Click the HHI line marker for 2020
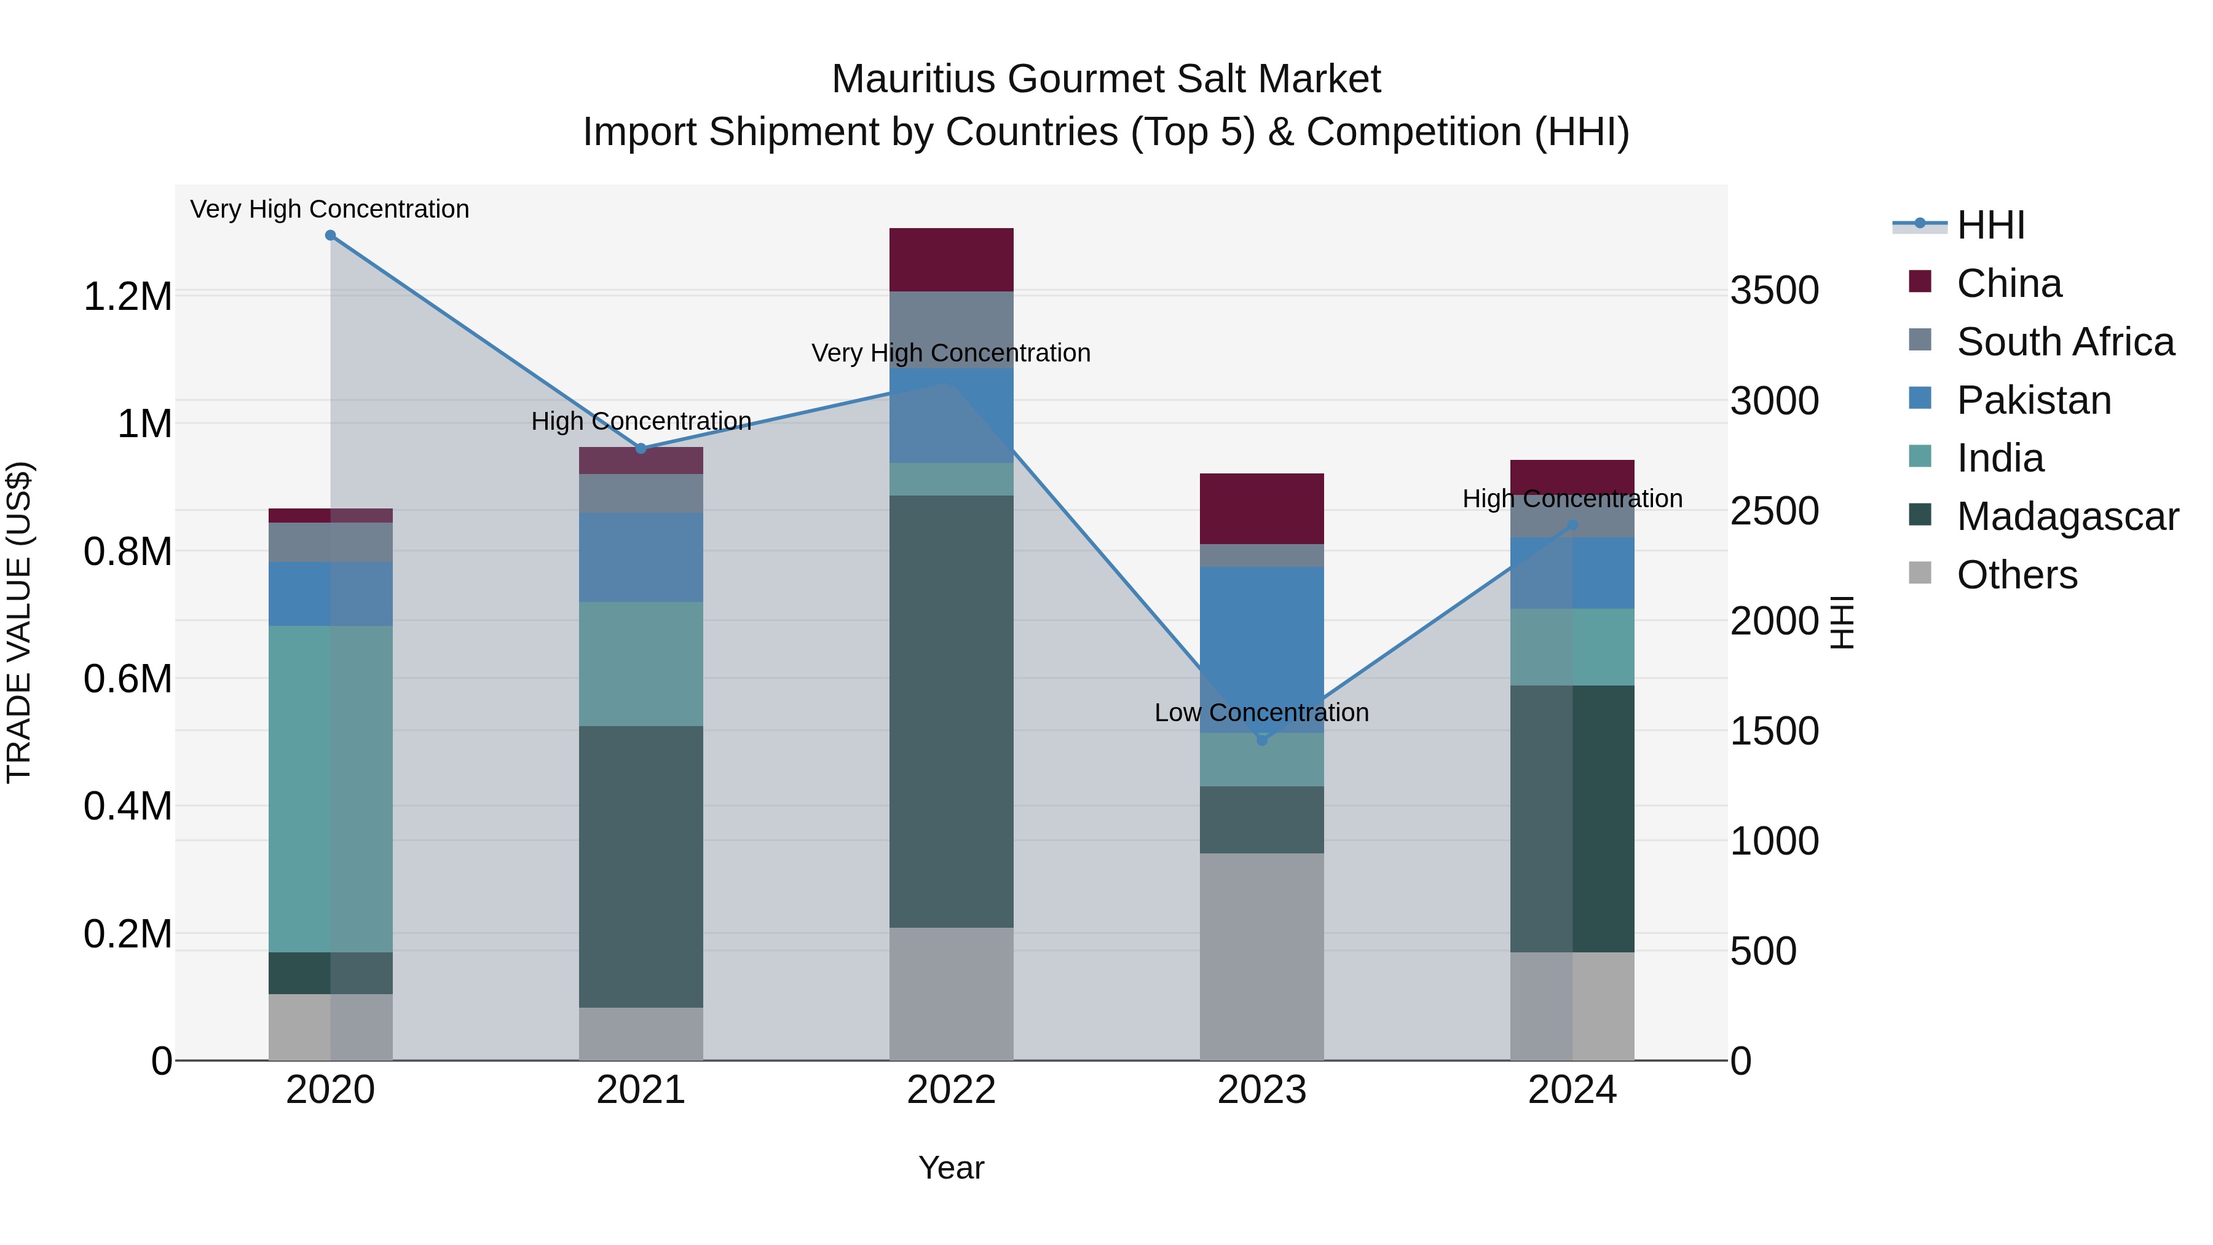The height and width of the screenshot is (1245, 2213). point(330,235)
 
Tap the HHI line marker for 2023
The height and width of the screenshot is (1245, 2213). point(1261,740)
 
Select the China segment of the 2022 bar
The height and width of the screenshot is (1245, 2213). point(951,259)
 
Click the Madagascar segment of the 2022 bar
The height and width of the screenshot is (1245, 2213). point(951,711)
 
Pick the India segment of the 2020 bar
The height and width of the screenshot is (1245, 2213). point(330,788)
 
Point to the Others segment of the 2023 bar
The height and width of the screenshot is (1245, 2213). point(1261,955)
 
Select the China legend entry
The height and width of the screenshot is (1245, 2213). point(2008,283)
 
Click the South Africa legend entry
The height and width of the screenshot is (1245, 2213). point(2064,342)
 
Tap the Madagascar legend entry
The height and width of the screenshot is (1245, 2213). point(2066,516)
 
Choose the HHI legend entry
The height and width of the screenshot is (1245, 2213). point(1990,225)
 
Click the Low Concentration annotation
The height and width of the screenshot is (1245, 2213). point(1261,713)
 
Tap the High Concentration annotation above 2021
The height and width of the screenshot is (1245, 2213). point(641,421)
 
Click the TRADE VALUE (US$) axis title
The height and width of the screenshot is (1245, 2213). point(19,622)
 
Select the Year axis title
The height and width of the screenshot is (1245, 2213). point(951,1168)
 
